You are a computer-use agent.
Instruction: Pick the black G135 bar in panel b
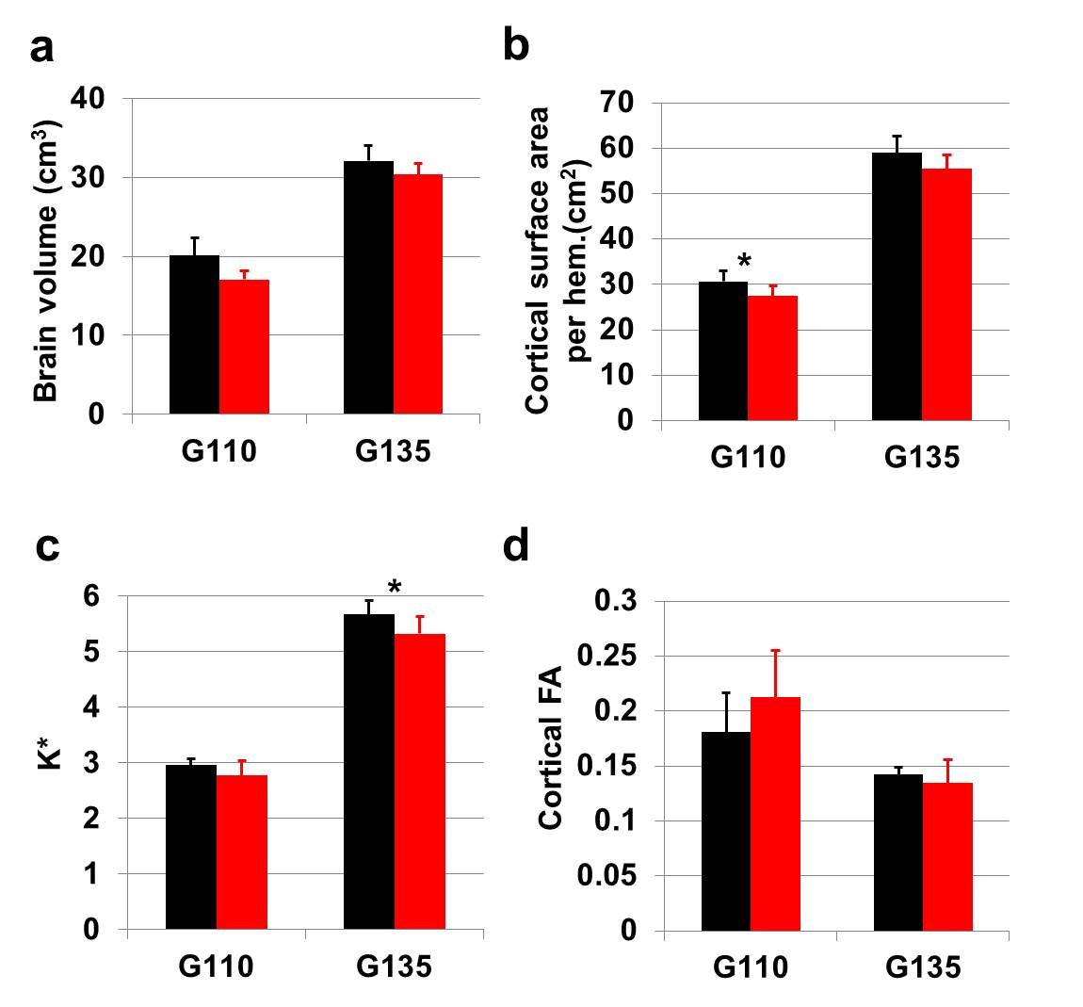tap(897, 286)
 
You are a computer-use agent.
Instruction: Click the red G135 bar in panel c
tap(419, 782)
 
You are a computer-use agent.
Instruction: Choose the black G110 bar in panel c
tap(191, 847)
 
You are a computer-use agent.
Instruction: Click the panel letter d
tap(516, 545)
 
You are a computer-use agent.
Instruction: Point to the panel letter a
tap(41, 47)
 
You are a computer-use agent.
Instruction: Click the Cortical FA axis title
tap(551, 748)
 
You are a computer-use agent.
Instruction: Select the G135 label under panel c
tap(394, 966)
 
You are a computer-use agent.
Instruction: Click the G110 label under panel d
tap(751, 967)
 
